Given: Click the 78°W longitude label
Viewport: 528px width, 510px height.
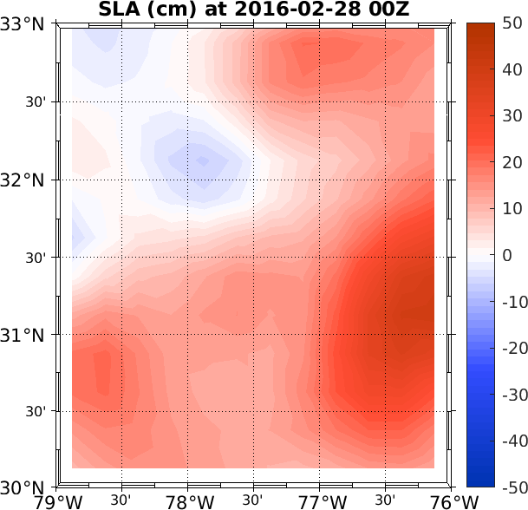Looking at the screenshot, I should point(189,502).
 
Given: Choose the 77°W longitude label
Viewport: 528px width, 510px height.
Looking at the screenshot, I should point(321,502).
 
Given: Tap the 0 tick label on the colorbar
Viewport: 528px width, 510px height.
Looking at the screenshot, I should point(507,255).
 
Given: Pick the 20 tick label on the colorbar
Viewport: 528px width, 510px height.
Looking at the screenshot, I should point(511,162).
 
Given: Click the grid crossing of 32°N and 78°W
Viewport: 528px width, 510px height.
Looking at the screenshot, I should point(189,180).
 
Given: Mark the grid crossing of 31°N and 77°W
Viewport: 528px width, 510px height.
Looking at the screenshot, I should point(321,334).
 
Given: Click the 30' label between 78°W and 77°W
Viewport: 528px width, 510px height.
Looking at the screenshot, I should point(253,500).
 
